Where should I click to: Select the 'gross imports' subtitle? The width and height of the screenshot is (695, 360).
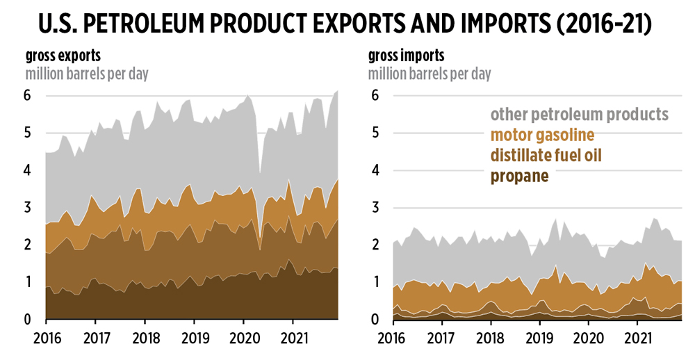click(406, 56)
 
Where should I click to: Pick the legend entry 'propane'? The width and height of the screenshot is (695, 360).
click(520, 176)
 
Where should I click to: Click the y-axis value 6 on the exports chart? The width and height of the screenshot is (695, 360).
click(28, 96)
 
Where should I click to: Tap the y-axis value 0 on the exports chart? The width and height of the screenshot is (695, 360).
click(28, 320)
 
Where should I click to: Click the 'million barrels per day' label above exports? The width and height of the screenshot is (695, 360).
click(87, 74)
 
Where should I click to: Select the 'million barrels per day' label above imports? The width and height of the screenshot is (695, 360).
click(430, 74)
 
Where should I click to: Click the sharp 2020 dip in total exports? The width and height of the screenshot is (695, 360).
click(260, 172)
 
